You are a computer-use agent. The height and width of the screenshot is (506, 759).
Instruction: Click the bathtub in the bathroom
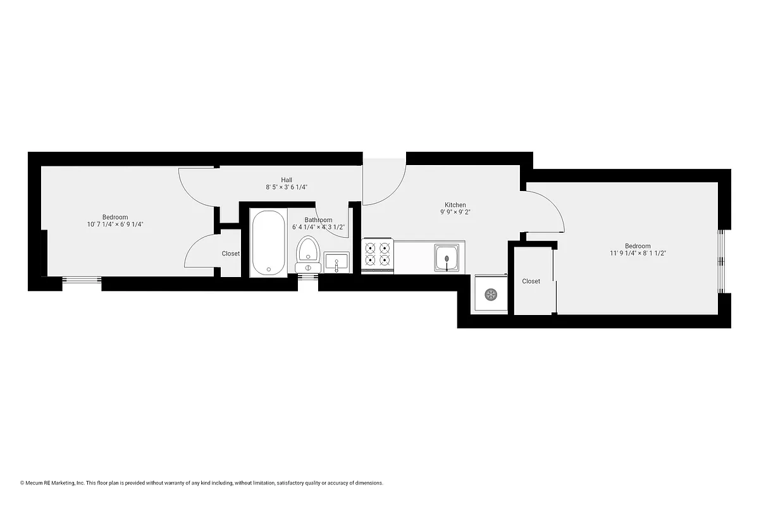(x=269, y=242)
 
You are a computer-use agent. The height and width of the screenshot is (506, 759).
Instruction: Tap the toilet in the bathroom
(x=308, y=251)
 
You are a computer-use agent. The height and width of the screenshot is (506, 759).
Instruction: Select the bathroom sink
(x=336, y=262)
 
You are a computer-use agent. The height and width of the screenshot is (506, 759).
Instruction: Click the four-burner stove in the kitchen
(x=378, y=254)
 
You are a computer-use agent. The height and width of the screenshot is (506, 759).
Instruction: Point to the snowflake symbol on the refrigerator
(x=490, y=294)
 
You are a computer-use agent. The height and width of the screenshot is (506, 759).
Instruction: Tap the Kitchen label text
(x=455, y=205)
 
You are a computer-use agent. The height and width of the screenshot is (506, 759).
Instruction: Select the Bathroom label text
(x=318, y=220)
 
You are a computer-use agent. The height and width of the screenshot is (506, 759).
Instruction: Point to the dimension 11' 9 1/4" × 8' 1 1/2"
(x=638, y=253)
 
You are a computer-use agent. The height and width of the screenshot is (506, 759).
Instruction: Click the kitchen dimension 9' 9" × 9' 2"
(x=455, y=213)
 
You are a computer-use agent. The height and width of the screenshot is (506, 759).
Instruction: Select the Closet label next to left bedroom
(x=231, y=254)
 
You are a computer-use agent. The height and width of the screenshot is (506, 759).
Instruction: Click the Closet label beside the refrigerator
(x=531, y=281)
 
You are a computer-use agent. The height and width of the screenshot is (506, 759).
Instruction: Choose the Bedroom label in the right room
(x=638, y=246)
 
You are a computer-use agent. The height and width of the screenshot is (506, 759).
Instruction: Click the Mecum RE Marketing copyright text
(x=202, y=483)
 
